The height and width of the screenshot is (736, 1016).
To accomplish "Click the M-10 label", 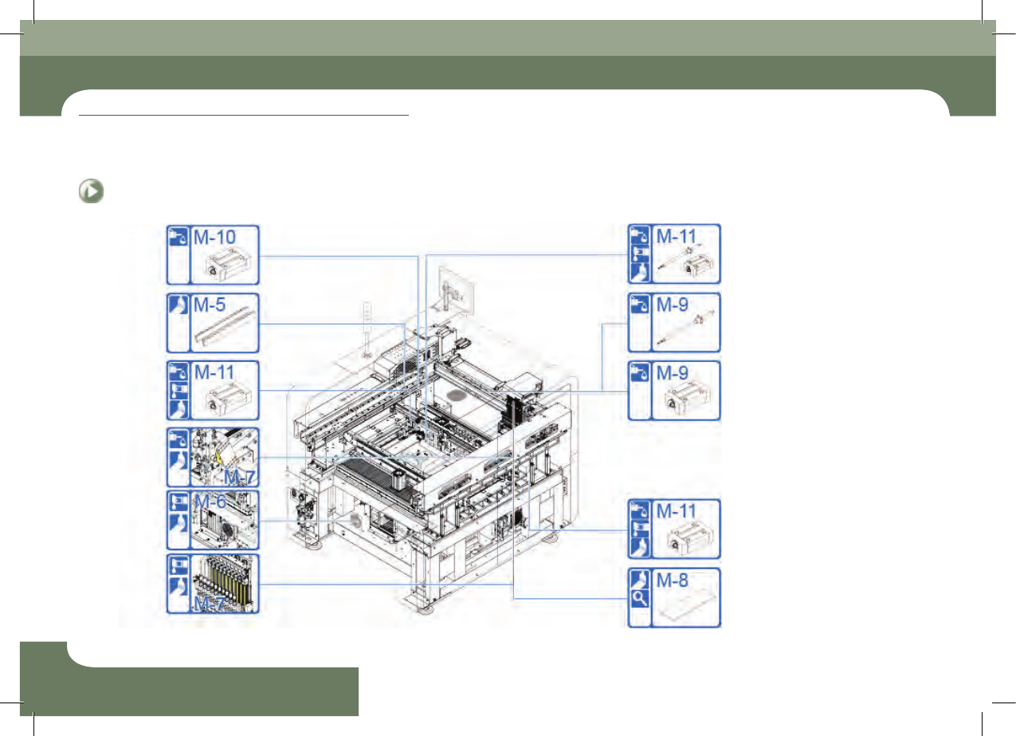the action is coord(214,238).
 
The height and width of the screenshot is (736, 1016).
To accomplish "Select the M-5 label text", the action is coord(209,305).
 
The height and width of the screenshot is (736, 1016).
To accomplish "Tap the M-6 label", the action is coord(210,502).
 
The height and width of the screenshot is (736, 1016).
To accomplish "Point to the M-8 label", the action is coord(673,580).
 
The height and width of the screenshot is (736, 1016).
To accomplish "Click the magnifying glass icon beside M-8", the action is coord(640,598).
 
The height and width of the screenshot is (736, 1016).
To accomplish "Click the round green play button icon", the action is coord(91,191).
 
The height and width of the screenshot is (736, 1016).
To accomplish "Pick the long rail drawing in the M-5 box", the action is coord(222,326).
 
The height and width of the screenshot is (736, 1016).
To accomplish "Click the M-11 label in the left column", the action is coord(214,372).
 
